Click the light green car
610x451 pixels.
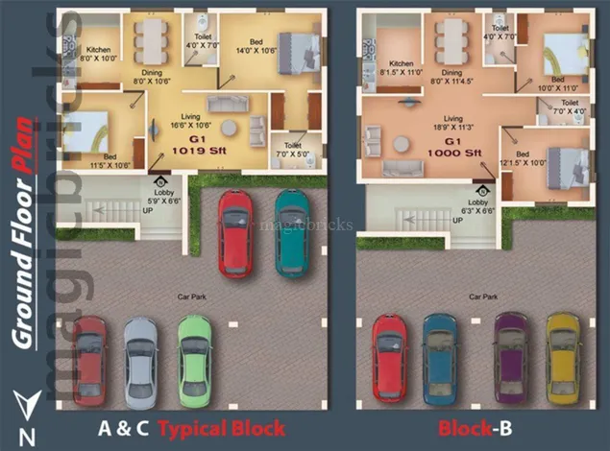(195, 361)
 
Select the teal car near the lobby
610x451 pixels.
(292, 232)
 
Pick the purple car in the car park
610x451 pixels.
(509, 360)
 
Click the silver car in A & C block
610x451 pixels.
(140, 361)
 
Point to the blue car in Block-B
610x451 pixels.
(439, 360)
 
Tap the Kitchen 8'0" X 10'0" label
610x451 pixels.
(100, 54)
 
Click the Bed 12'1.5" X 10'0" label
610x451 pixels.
(524, 158)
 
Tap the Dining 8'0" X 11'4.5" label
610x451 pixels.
(452, 77)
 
